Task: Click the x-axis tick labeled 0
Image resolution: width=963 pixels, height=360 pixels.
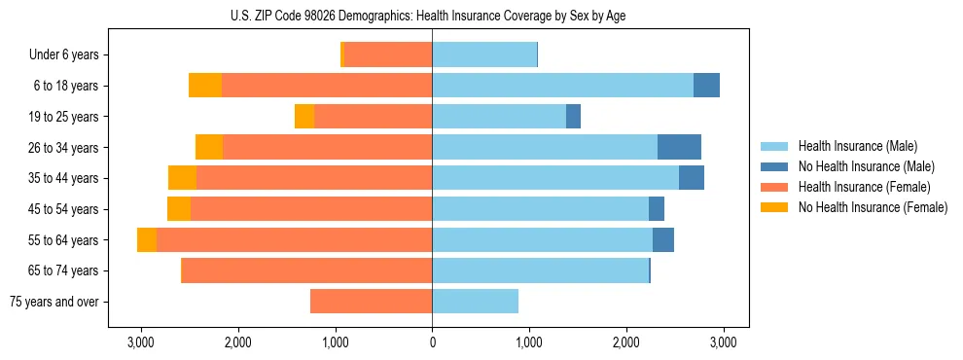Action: point(432,342)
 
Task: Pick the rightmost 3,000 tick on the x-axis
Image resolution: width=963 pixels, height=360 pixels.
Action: point(723,342)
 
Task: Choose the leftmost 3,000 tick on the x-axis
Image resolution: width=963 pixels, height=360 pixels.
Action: point(141,342)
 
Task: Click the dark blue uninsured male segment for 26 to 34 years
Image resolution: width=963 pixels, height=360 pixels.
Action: point(679,147)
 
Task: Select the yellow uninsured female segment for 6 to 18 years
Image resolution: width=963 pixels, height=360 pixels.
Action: point(205,86)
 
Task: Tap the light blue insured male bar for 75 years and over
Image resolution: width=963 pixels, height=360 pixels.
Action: point(475,302)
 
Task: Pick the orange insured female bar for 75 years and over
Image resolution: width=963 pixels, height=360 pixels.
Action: point(371,302)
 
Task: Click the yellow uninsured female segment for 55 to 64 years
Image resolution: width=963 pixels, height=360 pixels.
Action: point(147,240)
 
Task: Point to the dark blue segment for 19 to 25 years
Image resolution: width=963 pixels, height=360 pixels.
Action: point(573,117)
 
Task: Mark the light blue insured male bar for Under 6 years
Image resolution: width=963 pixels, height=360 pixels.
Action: point(484,55)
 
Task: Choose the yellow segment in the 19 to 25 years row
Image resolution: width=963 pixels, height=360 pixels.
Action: point(304,117)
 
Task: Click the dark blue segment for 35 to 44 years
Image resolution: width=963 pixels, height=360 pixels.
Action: point(691,178)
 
